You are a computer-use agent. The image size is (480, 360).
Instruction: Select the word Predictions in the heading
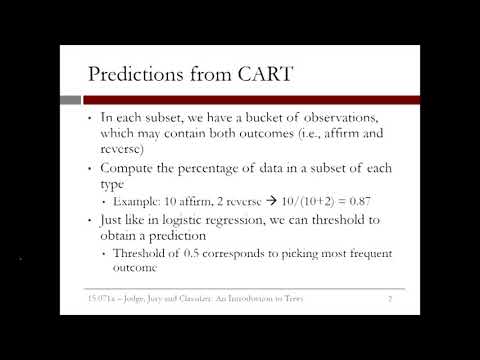[x=136, y=74]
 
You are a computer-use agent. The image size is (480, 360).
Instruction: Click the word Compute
[x=132, y=165]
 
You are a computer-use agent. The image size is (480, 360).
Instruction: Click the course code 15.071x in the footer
[x=103, y=298]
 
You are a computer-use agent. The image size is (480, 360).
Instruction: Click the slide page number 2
[x=387, y=298]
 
